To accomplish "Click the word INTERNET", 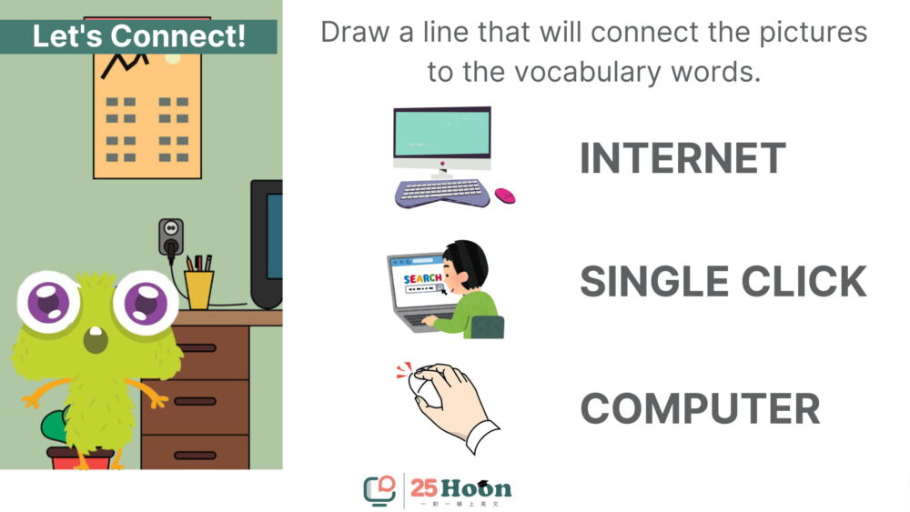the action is [682, 157].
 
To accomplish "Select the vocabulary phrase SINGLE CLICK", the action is [723, 281].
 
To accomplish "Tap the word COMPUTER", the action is [700, 408].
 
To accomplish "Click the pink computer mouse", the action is [505, 196].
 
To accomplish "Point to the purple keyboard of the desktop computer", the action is [442, 193].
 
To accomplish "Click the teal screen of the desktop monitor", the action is [441, 133].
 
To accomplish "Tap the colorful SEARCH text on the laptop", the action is [422, 278].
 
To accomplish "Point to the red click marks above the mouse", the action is [405, 369].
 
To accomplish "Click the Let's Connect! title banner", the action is [138, 36].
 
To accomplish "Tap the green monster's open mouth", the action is [96, 340].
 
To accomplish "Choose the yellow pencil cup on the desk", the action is [199, 289].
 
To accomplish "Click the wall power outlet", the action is [171, 237].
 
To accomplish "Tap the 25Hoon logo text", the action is [460, 488].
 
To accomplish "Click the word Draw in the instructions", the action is [354, 32].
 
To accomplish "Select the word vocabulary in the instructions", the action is [587, 73].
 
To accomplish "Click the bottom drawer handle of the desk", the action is [196, 456].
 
